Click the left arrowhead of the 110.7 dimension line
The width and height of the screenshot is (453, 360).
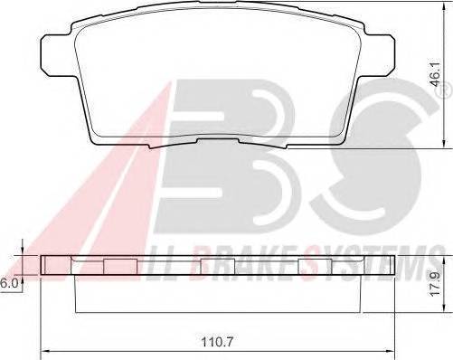coord(47,351)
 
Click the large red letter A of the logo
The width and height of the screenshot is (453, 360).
coord(90,181)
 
